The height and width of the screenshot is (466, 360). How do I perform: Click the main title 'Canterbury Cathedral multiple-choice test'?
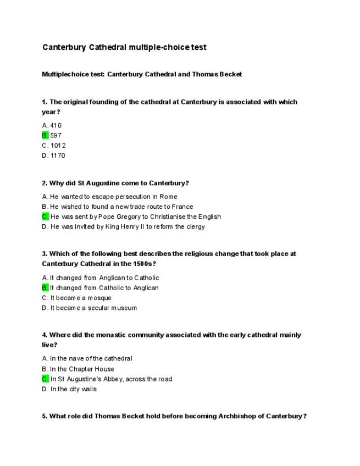(x=124, y=47)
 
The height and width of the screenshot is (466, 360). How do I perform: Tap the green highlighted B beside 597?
(x=45, y=135)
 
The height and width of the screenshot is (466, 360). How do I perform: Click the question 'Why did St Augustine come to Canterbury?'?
(x=115, y=183)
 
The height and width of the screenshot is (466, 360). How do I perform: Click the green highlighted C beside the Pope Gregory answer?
(x=45, y=217)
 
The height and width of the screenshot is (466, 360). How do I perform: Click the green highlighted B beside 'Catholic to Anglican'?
(x=45, y=287)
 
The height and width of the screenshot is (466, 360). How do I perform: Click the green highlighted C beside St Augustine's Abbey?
(x=45, y=379)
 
